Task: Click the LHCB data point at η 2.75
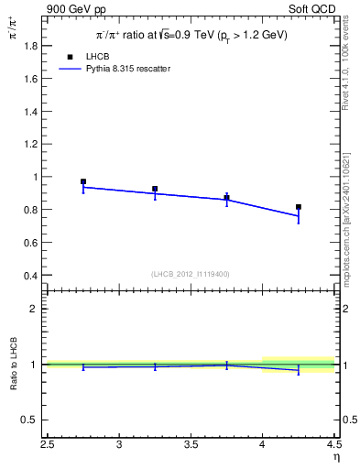(x=83, y=181)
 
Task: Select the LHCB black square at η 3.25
(x=155, y=189)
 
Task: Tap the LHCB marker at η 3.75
(x=227, y=197)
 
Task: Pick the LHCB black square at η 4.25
(x=299, y=207)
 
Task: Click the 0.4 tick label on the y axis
(x=29, y=275)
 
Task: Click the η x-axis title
(x=336, y=457)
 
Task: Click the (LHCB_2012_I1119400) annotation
(x=191, y=274)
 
